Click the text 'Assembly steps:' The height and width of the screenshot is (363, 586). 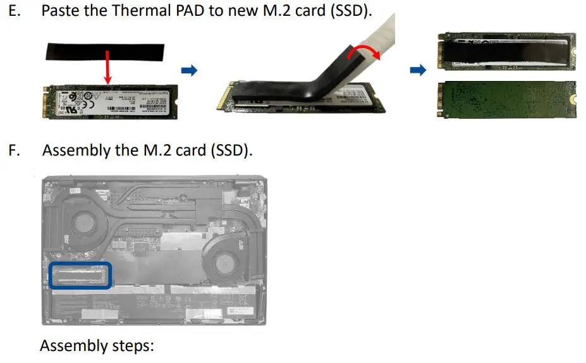point(97,346)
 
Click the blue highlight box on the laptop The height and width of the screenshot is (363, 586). point(80,275)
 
